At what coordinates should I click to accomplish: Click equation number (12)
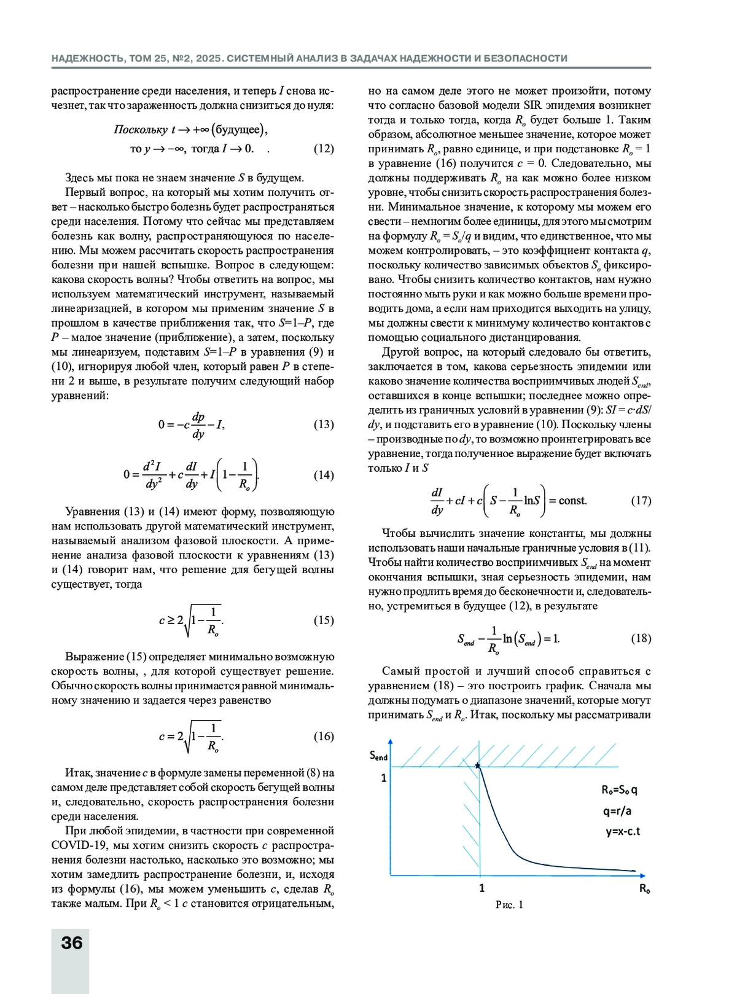pyautogui.click(x=324, y=149)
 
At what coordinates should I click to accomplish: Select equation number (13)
pyautogui.click(x=324, y=425)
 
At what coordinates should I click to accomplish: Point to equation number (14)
pyautogui.click(x=324, y=475)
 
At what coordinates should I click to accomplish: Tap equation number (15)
pyautogui.click(x=324, y=620)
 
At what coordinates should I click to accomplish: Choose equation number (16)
pyautogui.click(x=324, y=736)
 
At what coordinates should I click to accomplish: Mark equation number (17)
pyautogui.click(x=641, y=501)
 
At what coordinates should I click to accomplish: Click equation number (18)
pyautogui.click(x=641, y=638)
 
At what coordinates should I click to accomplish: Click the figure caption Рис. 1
pyautogui.click(x=509, y=905)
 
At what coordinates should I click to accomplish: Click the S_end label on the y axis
pyautogui.click(x=378, y=756)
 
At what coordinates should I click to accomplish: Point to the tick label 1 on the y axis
pyautogui.click(x=384, y=778)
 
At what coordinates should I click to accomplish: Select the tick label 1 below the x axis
pyautogui.click(x=482, y=888)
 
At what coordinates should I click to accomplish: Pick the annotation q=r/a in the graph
pyautogui.click(x=617, y=811)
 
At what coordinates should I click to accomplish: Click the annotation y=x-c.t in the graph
pyautogui.click(x=623, y=832)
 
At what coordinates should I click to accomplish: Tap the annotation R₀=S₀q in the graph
pyautogui.click(x=623, y=790)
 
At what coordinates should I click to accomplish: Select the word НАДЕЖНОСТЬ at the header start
pyautogui.click(x=88, y=58)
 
